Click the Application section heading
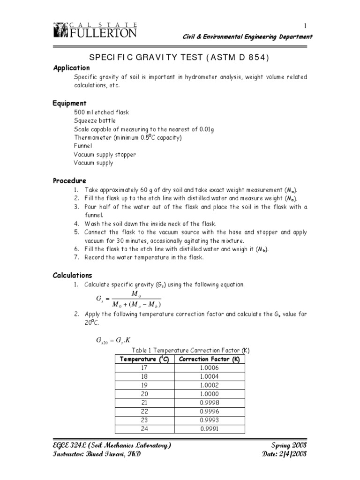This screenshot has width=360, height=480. pos(71,68)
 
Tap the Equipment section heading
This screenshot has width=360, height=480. pos(69,103)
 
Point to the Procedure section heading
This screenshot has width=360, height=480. pos(69,180)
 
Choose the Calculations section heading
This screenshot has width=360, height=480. pos(72,275)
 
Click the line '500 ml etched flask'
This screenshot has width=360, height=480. pos(101,112)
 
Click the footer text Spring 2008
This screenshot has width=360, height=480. pos(289,445)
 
